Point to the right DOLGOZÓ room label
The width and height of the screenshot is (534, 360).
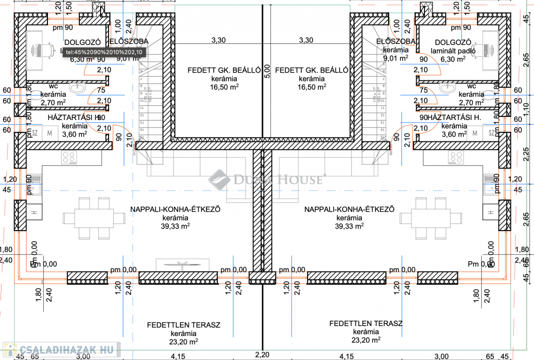click(x=453, y=42)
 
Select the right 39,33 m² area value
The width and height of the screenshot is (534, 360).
click(x=349, y=226)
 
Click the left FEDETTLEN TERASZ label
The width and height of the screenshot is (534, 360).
click(x=183, y=325)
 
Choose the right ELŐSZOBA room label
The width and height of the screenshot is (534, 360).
click(x=395, y=41)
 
